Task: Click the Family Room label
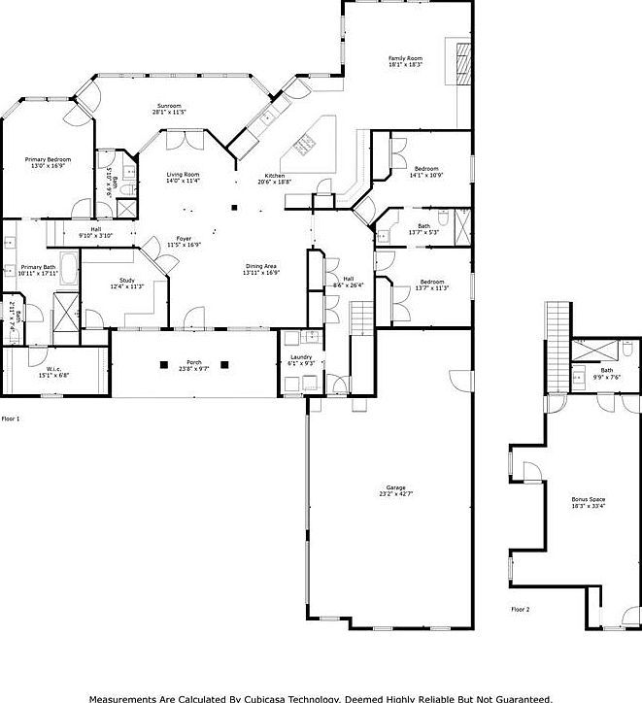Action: point(405,59)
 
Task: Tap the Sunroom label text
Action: point(169,108)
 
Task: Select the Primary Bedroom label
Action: point(48,161)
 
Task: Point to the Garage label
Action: point(395,488)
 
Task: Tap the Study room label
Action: point(127,281)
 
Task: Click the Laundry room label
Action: point(300,358)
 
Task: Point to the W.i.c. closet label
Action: point(54,370)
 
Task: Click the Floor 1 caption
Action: point(11,418)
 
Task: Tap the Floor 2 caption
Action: point(521,609)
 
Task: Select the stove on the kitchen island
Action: point(304,146)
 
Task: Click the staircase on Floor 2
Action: point(558,330)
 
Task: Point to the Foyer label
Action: point(183,240)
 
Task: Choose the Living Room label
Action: point(183,175)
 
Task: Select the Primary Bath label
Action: point(39,268)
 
